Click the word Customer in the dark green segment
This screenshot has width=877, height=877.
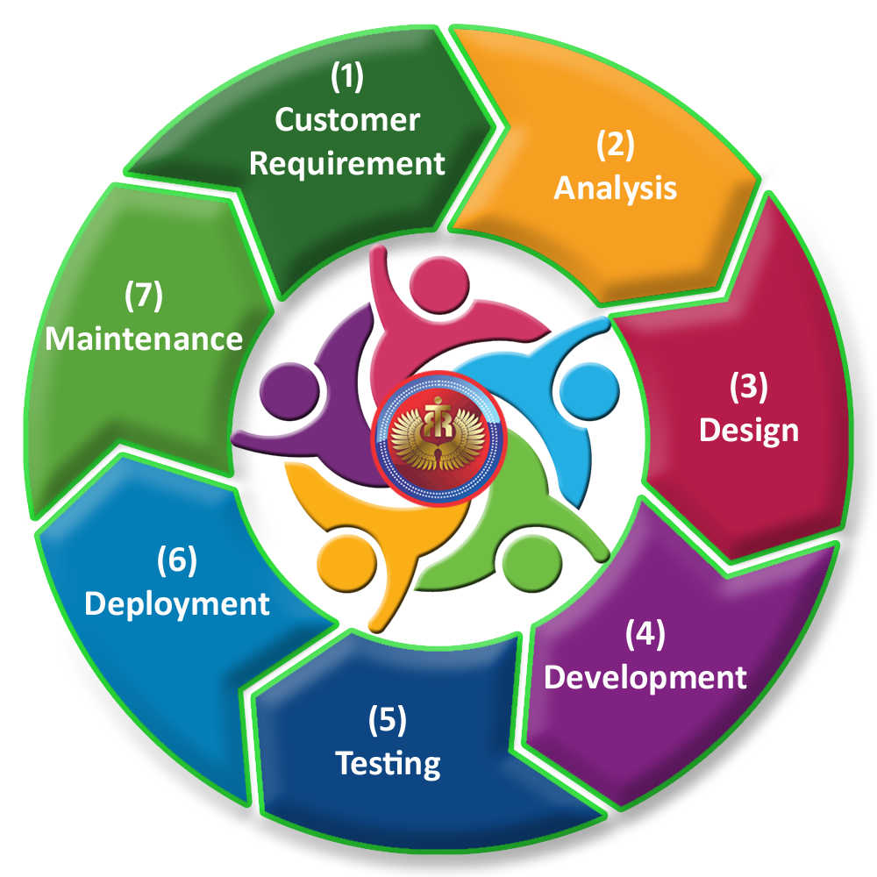347,120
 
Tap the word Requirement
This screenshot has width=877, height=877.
347,163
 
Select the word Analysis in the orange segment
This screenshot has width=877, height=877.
615,188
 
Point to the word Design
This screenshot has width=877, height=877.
749,430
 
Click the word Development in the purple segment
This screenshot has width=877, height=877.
645,677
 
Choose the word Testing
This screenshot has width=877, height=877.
389,763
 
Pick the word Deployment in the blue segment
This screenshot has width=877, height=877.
177,603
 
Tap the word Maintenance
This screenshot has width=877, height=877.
144,339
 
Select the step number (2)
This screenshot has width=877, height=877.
615,145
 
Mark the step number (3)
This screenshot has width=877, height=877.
749,387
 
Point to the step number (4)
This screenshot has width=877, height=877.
645,634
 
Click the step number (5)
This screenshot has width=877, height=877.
389,721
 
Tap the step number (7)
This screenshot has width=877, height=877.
144,296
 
